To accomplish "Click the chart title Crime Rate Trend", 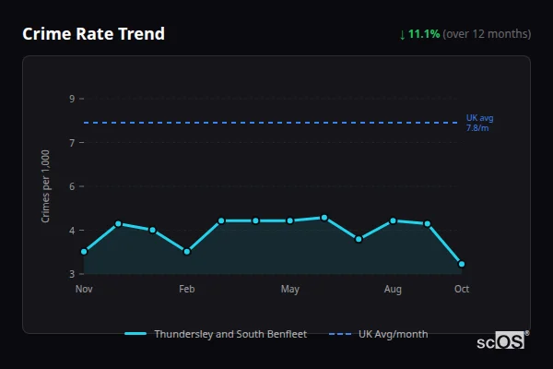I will [93, 34].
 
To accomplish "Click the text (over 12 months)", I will [487, 34].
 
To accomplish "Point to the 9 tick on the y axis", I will [72, 99].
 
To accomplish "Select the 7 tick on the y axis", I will [72, 142].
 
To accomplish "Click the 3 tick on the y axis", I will [72, 274].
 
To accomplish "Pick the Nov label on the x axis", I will [84, 290].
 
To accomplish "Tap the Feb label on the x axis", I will [187, 290].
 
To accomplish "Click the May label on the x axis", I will [290, 290].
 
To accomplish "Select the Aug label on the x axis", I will [393, 290].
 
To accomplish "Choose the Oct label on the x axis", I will [462, 290].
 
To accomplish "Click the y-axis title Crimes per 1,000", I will [46, 186].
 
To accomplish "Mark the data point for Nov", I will [84, 252].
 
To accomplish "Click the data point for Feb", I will [187, 252].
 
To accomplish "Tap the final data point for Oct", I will [462, 264].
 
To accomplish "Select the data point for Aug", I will [393, 220].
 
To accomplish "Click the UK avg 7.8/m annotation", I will [480, 123].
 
